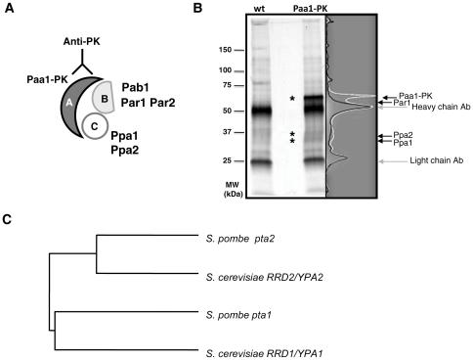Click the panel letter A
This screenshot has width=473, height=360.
(x=8, y=9)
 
